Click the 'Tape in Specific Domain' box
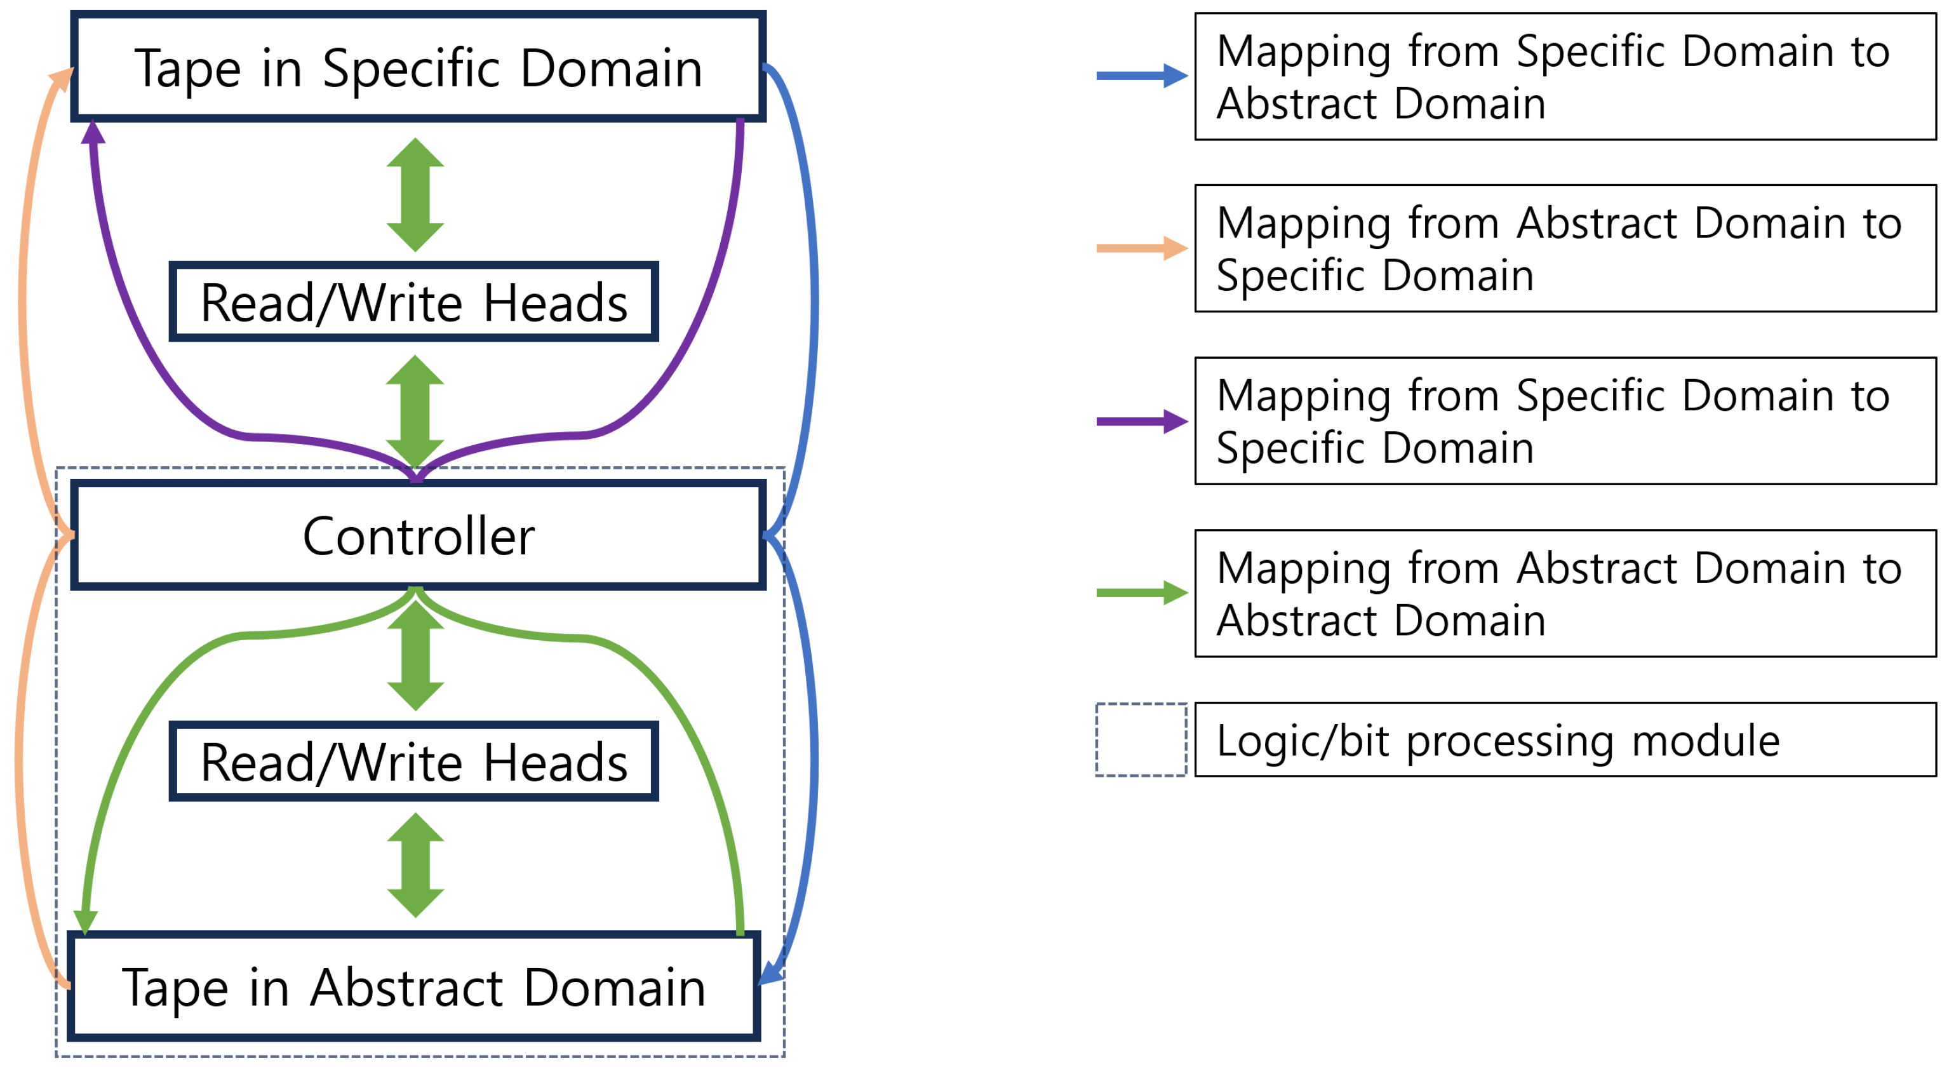click(418, 67)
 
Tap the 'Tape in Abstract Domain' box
click(414, 986)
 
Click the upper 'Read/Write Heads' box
click(414, 302)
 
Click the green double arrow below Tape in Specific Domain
click(415, 194)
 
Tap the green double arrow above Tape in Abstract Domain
click(415, 865)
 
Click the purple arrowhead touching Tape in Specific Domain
click(92, 133)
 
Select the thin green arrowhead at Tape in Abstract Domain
click(84, 921)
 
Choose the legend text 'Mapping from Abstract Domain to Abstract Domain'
click(1558, 593)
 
